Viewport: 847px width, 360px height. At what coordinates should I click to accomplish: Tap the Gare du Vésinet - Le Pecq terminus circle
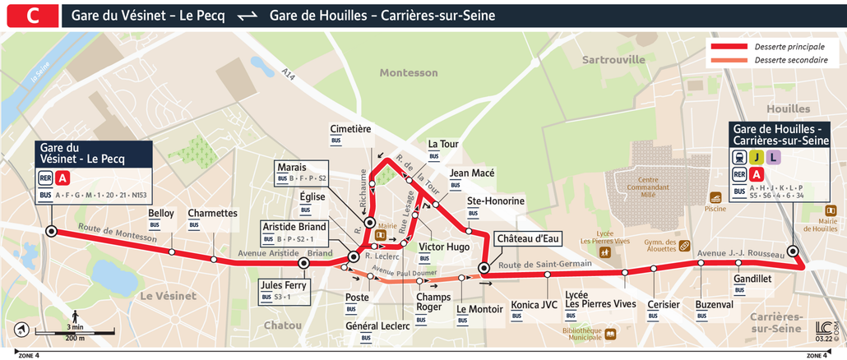(51, 232)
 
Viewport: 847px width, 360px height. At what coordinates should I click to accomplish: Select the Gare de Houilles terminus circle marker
(793, 252)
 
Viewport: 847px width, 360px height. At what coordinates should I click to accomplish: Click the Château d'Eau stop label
(526, 238)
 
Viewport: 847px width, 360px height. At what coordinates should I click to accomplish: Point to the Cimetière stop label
(350, 129)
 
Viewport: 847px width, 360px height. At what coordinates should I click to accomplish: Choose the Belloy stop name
(161, 213)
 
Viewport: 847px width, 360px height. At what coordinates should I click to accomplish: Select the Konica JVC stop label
(534, 303)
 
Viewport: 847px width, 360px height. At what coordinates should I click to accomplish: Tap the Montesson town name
(409, 72)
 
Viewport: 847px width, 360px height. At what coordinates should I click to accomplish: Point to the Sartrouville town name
(613, 60)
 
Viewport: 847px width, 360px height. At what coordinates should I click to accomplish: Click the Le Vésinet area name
(167, 295)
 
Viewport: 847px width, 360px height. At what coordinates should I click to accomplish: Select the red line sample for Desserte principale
(729, 47)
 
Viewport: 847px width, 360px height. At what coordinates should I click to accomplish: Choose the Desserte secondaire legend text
(790, 61)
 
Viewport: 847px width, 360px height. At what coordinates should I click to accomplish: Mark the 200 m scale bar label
(76, 338)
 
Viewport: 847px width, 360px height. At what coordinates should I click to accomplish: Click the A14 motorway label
(288, 75)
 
